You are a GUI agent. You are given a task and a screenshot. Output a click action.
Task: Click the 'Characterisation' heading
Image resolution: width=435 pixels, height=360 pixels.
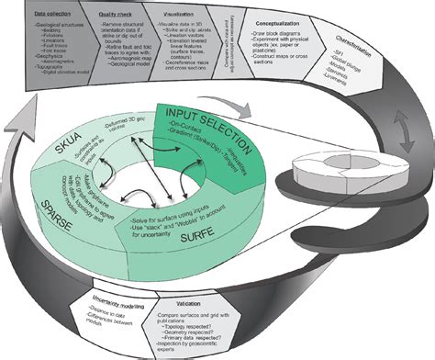pos(379,41)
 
